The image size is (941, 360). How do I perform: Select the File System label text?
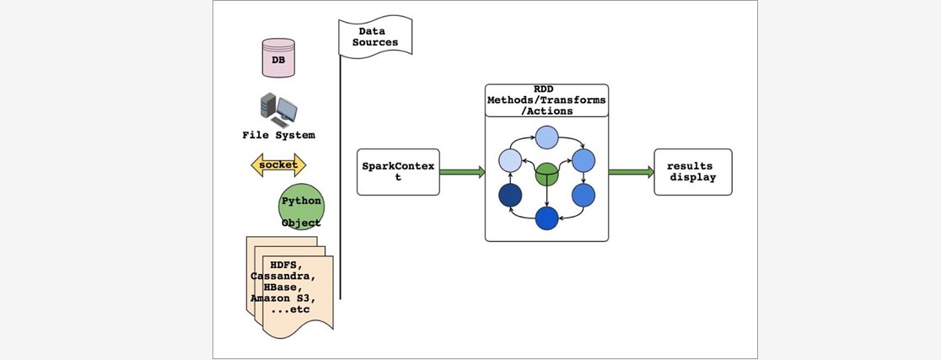point(278,135)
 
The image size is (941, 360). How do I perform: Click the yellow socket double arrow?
point(278,164)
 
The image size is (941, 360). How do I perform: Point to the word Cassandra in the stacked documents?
point(284,277)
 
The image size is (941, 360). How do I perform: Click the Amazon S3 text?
point(283,298)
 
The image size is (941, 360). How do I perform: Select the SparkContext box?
point(398,172)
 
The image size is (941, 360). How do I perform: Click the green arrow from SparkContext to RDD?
point(462,172)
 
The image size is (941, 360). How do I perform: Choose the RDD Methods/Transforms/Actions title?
point(546,99)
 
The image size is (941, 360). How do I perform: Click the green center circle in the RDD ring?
point(547,174)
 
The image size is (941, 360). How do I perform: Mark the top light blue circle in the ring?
point(547,137)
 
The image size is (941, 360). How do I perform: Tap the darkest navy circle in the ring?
point(510,196)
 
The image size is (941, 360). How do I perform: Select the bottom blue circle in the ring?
point(547,218)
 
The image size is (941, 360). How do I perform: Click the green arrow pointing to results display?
point(631,172)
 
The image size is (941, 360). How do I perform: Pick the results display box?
point(693,172)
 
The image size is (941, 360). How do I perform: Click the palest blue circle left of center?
point(511,160)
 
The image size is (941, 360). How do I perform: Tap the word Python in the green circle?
point(301,201)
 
